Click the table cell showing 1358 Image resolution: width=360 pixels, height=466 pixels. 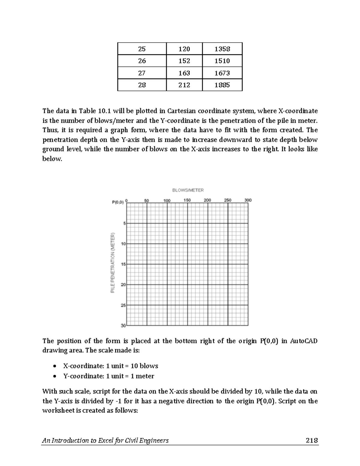[x=222, y=49]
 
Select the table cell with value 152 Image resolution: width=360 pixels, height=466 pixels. [x=184, y=61]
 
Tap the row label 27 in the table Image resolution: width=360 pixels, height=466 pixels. [x=142, y=73]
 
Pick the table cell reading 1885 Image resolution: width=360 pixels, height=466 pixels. [x=222, y=85]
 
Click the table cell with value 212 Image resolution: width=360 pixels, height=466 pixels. [x=184, y=85]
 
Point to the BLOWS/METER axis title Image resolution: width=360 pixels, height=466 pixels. [x=188, y=190]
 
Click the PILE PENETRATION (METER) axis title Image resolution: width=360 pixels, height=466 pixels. [x=113, y=263]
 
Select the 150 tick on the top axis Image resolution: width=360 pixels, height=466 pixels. [x=187, y=200]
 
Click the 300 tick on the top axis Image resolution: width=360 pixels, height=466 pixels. [x=248, y=200]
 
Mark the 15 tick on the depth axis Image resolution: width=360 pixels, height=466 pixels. [x=123, y=264]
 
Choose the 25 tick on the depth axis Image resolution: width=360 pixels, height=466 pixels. [x=123, y=305]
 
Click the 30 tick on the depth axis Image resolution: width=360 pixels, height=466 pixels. [x=123, y=326]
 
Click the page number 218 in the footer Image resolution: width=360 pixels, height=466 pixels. [x=312, y=440]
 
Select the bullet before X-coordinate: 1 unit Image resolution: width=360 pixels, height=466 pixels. [x=54, y=366]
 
